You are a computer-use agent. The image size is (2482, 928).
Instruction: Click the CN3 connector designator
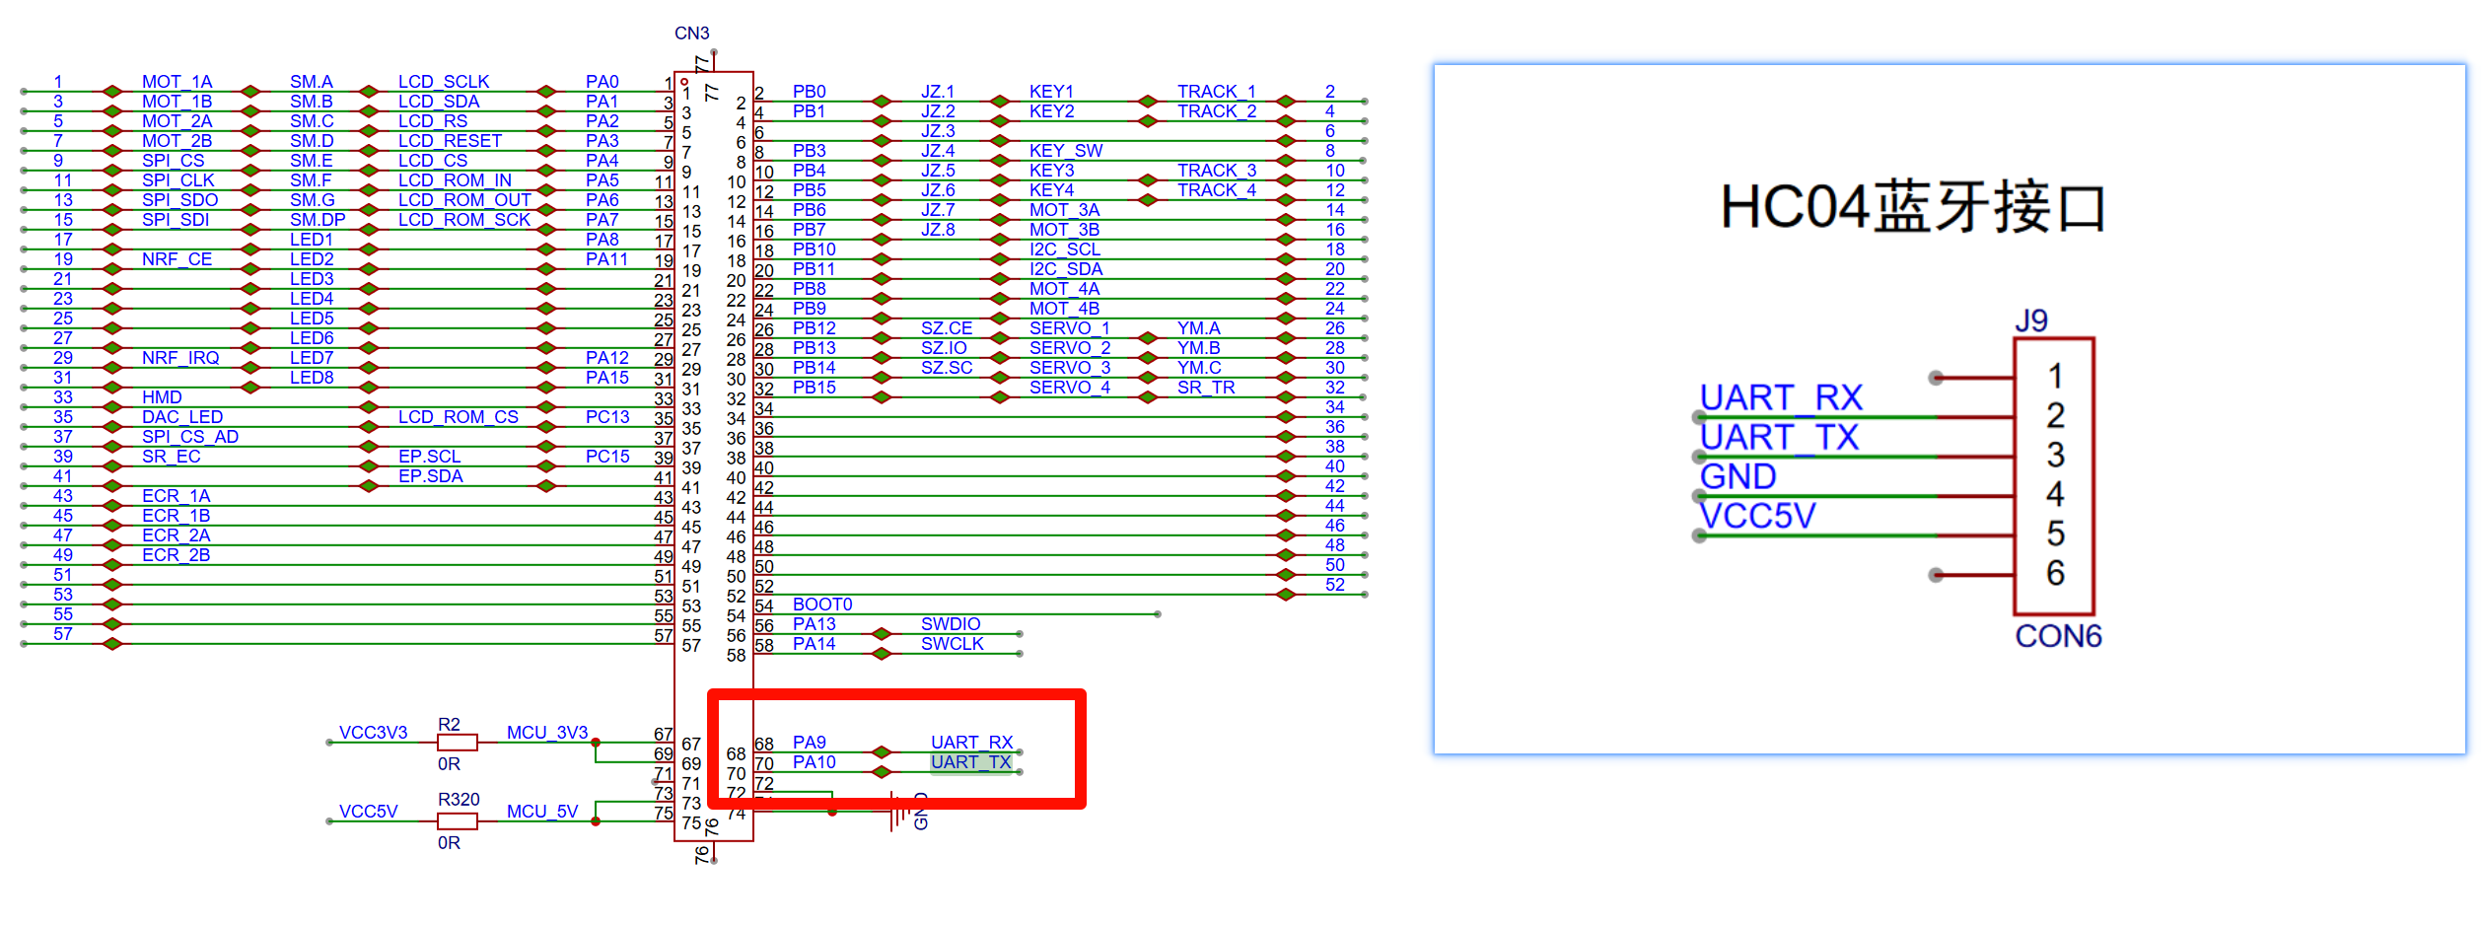click(x=691, y=34)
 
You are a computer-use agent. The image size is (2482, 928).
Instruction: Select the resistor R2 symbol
click(x=457, y=742)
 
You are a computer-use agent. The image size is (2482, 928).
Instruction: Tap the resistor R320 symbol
click(x=457, y=821)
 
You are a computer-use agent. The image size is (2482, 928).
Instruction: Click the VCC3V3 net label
click(x=373, y=733)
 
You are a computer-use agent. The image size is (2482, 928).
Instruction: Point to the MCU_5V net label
click(x=541, y=812)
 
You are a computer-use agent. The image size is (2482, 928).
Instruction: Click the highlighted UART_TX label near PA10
click(x=970, y=762)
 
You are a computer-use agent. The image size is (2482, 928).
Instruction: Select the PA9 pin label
click(x=809, y=743)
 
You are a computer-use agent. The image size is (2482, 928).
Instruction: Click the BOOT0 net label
click(x=821, y=605)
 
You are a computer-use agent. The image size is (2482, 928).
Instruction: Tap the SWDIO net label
click(x=950, y=624)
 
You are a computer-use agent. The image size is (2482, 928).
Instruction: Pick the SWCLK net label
click(x=952, y=644)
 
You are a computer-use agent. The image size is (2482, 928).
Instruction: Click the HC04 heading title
click(x=1912, y=208)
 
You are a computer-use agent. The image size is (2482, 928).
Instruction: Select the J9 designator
click(x=2030, y=321)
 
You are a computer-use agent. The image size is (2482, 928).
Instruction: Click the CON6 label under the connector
click(x=2057, y=636)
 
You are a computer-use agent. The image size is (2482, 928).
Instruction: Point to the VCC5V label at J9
click(x=1756, y=516)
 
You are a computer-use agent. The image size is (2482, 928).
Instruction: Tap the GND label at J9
click(x=1737, y=476)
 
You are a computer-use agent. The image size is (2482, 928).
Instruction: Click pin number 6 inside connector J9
click(x=2054, y=573)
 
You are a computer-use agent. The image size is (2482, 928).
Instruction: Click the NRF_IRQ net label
click(x=180, y=358)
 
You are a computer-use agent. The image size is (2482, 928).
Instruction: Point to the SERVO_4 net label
click(x=1069, y=388)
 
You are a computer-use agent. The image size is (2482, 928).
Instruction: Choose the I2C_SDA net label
click(x=1065, y=269)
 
